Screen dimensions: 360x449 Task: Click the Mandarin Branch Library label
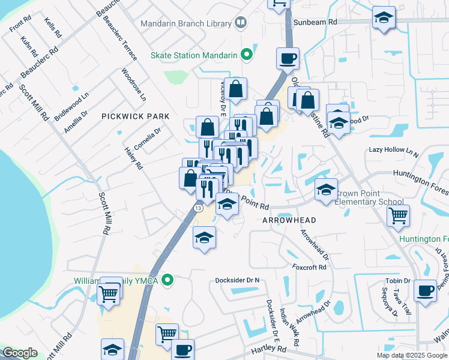(x=185, y=24)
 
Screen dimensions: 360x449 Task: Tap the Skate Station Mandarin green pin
(x=246, y=55)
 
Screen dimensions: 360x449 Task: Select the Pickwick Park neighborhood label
(x=135, y=116)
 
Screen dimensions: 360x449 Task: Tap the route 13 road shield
(x=197, y=208)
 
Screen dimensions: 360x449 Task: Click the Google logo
(x=20, y=353)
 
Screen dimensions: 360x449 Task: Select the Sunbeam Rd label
(x=316, y=22)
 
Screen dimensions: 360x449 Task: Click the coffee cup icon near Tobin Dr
(x=426, y=290)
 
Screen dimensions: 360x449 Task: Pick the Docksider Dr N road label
(x=238, y=280)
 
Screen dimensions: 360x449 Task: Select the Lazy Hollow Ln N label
(x=393, y=151)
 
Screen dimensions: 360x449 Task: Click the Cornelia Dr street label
(x=148, y=139)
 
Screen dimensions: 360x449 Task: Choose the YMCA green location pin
(x=169, y=280)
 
